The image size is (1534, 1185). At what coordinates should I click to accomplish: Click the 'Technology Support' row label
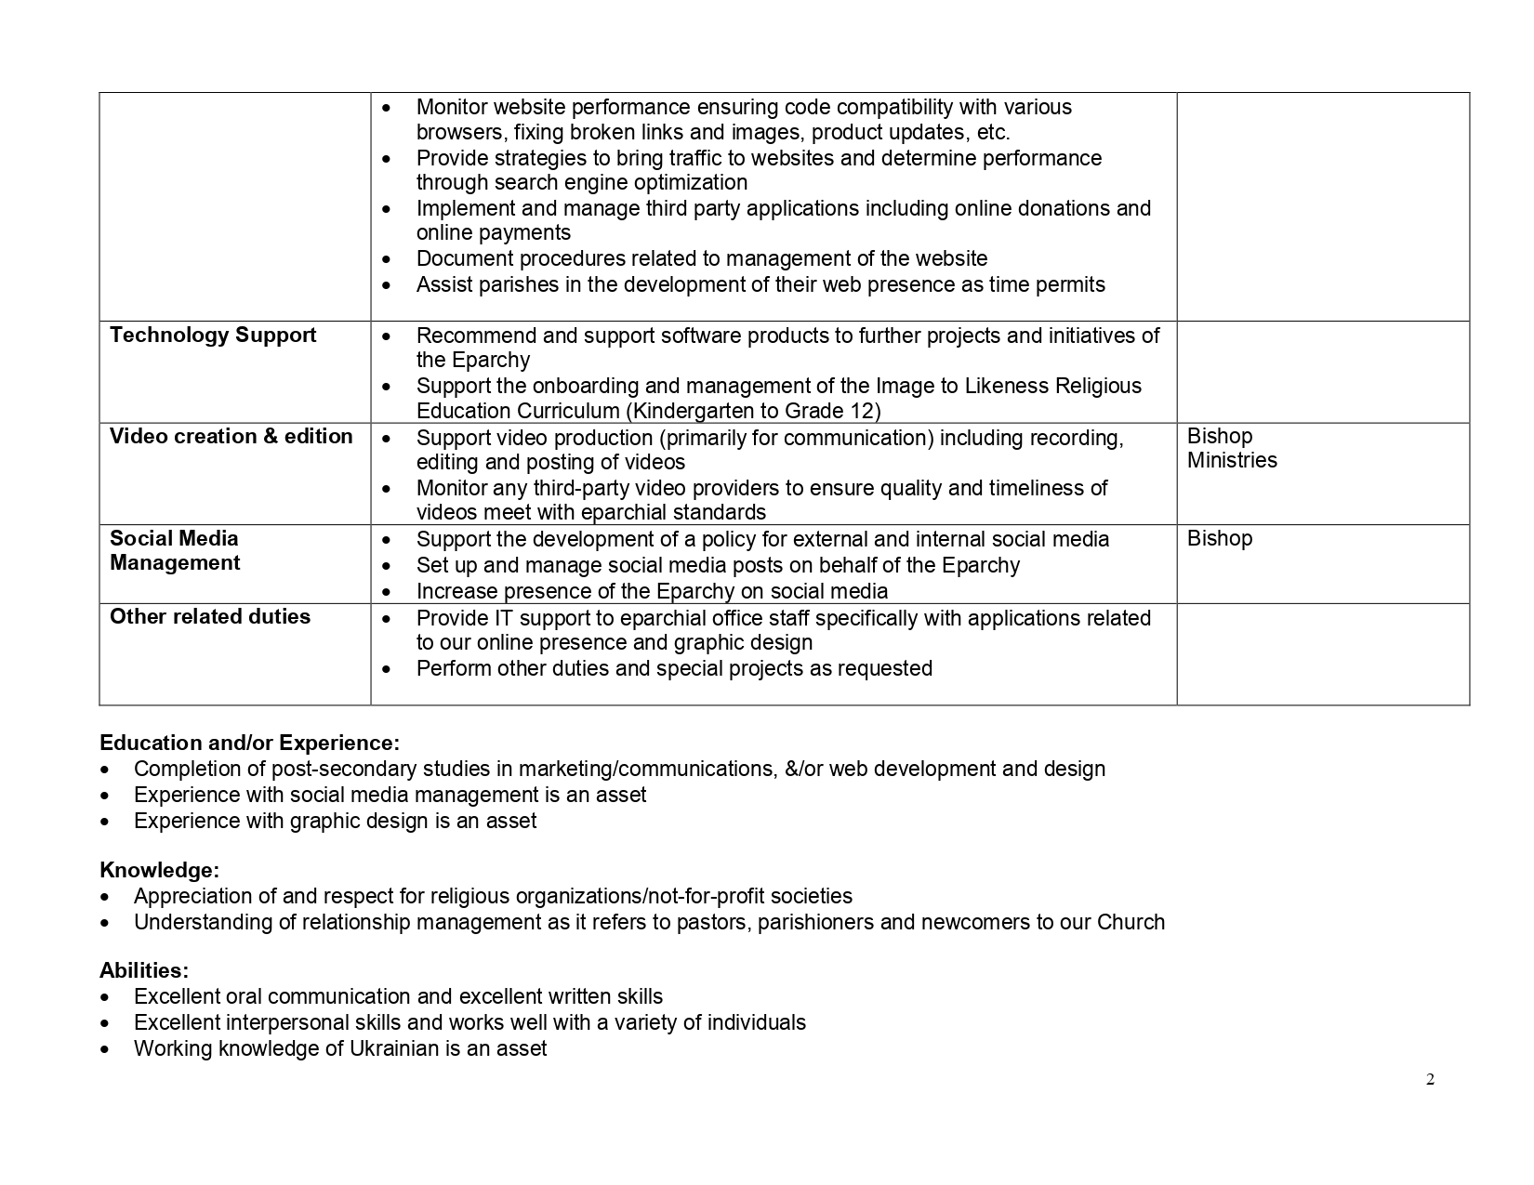pos(213,336)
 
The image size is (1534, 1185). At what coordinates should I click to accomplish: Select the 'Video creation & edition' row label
pos(231,437)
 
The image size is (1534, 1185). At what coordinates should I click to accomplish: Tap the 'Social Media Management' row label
pos(175,551)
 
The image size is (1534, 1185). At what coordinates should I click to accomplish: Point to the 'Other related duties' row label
pos(210,617)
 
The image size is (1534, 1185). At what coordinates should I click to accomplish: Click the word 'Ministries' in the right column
pos(1232,461)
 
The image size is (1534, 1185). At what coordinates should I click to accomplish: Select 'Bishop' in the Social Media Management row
pos(1220,539)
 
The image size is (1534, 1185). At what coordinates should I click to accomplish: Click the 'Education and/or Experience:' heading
pos(249,744)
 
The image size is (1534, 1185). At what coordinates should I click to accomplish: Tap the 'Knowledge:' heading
pos(159,871)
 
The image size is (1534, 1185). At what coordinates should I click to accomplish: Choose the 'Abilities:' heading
pos(144,971)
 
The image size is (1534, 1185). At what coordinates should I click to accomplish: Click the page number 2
pos(1430,1080)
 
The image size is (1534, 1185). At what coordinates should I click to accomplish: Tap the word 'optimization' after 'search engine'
pos(691,183)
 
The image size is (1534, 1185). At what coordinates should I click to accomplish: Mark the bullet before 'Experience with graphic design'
pos(109,822)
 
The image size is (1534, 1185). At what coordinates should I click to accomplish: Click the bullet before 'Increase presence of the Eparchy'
pos(387,592)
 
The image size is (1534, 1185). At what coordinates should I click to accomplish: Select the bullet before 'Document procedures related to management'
pos(387,259)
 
